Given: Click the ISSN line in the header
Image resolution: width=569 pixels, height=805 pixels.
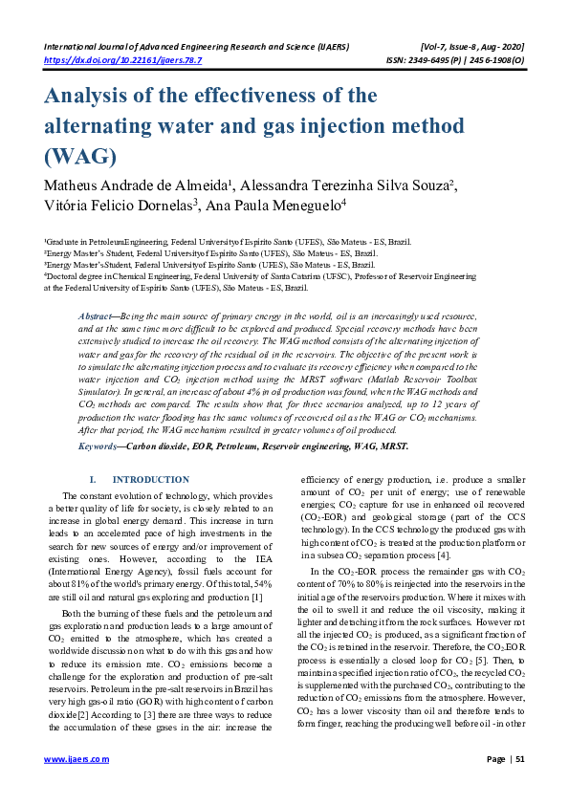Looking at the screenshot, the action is [449, 58].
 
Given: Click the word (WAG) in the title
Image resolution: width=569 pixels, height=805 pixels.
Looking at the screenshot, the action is [79, 156].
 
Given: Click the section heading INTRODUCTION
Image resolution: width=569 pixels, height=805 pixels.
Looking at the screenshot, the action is [150, 480].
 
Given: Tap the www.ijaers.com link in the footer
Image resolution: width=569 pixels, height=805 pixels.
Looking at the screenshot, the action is [77, 759].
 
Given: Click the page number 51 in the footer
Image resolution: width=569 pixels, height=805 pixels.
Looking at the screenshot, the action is [519, 759].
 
